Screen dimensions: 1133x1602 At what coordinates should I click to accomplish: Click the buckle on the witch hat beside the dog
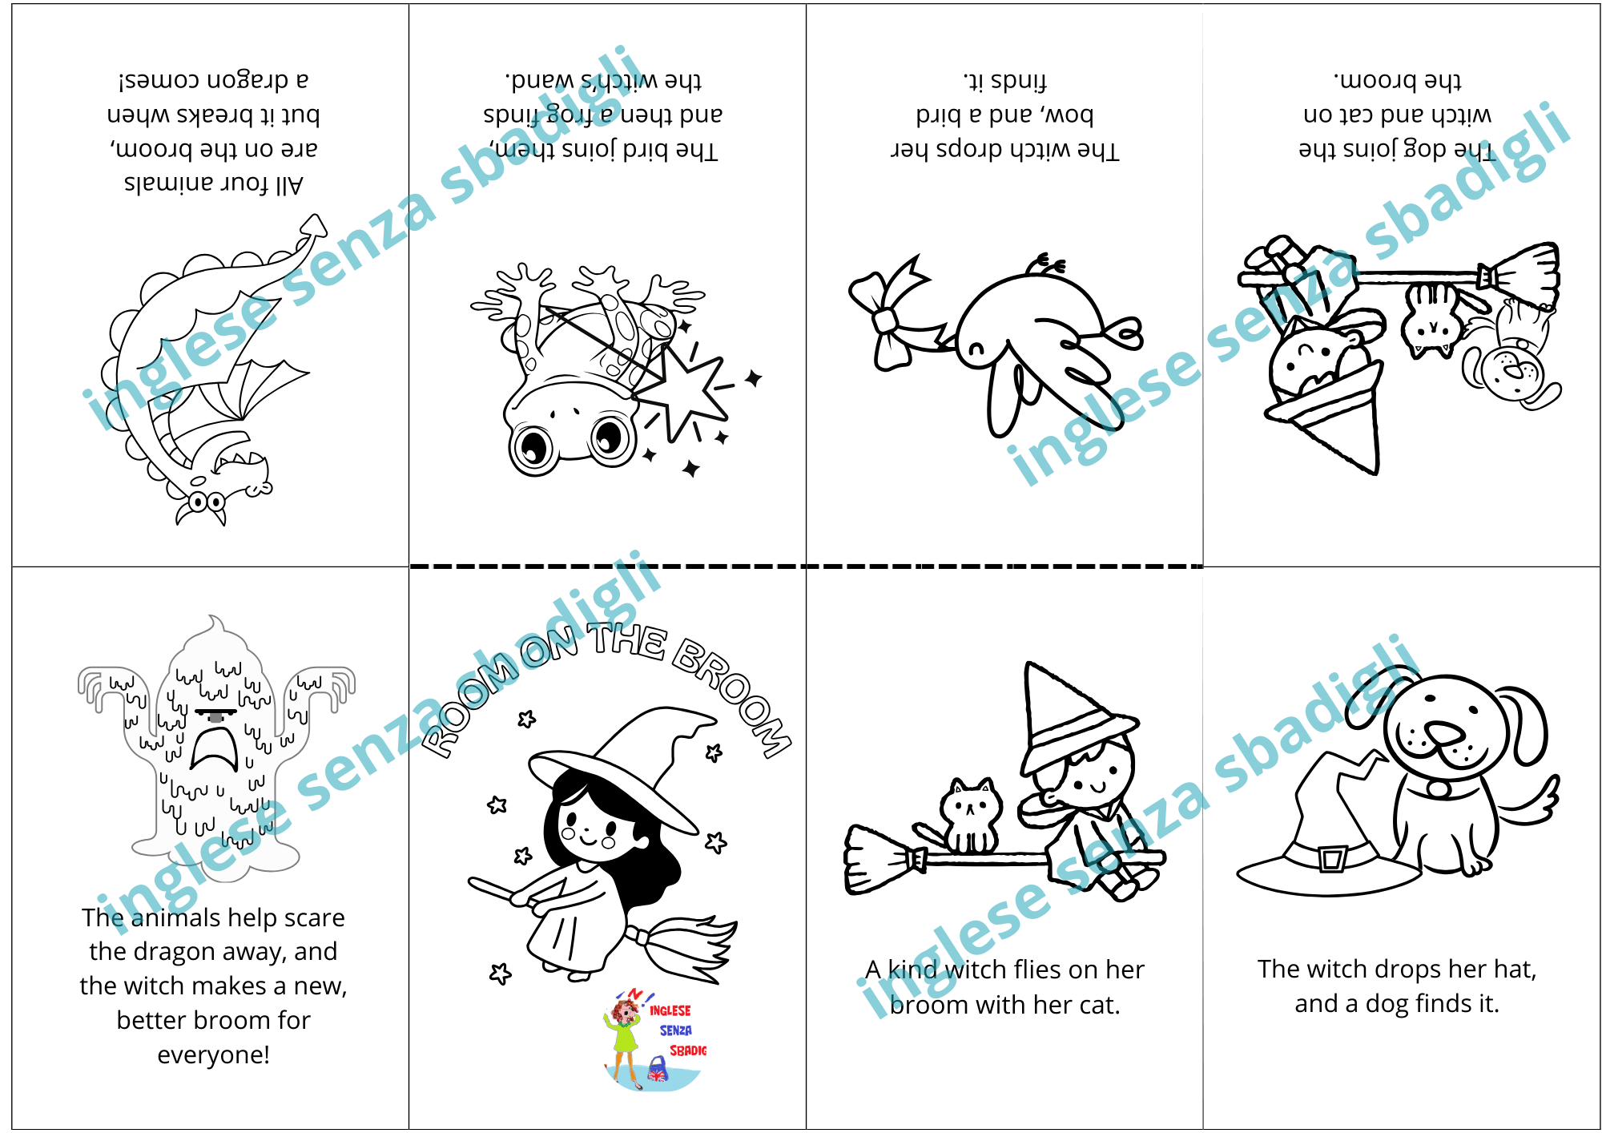click(1331, 859)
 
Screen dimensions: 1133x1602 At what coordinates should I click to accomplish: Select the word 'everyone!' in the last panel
click(213, 1054)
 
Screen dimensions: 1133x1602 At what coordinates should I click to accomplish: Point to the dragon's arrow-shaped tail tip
click(314, 228)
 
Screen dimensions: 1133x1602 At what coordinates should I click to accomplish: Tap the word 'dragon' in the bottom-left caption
click(171, 952)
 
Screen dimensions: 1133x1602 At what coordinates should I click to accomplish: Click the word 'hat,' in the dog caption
click(1509, 969)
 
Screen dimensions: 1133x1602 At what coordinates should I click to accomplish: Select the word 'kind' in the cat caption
click(912, 970)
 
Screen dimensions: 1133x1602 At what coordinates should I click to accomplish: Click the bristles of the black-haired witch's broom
click(689, 950)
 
